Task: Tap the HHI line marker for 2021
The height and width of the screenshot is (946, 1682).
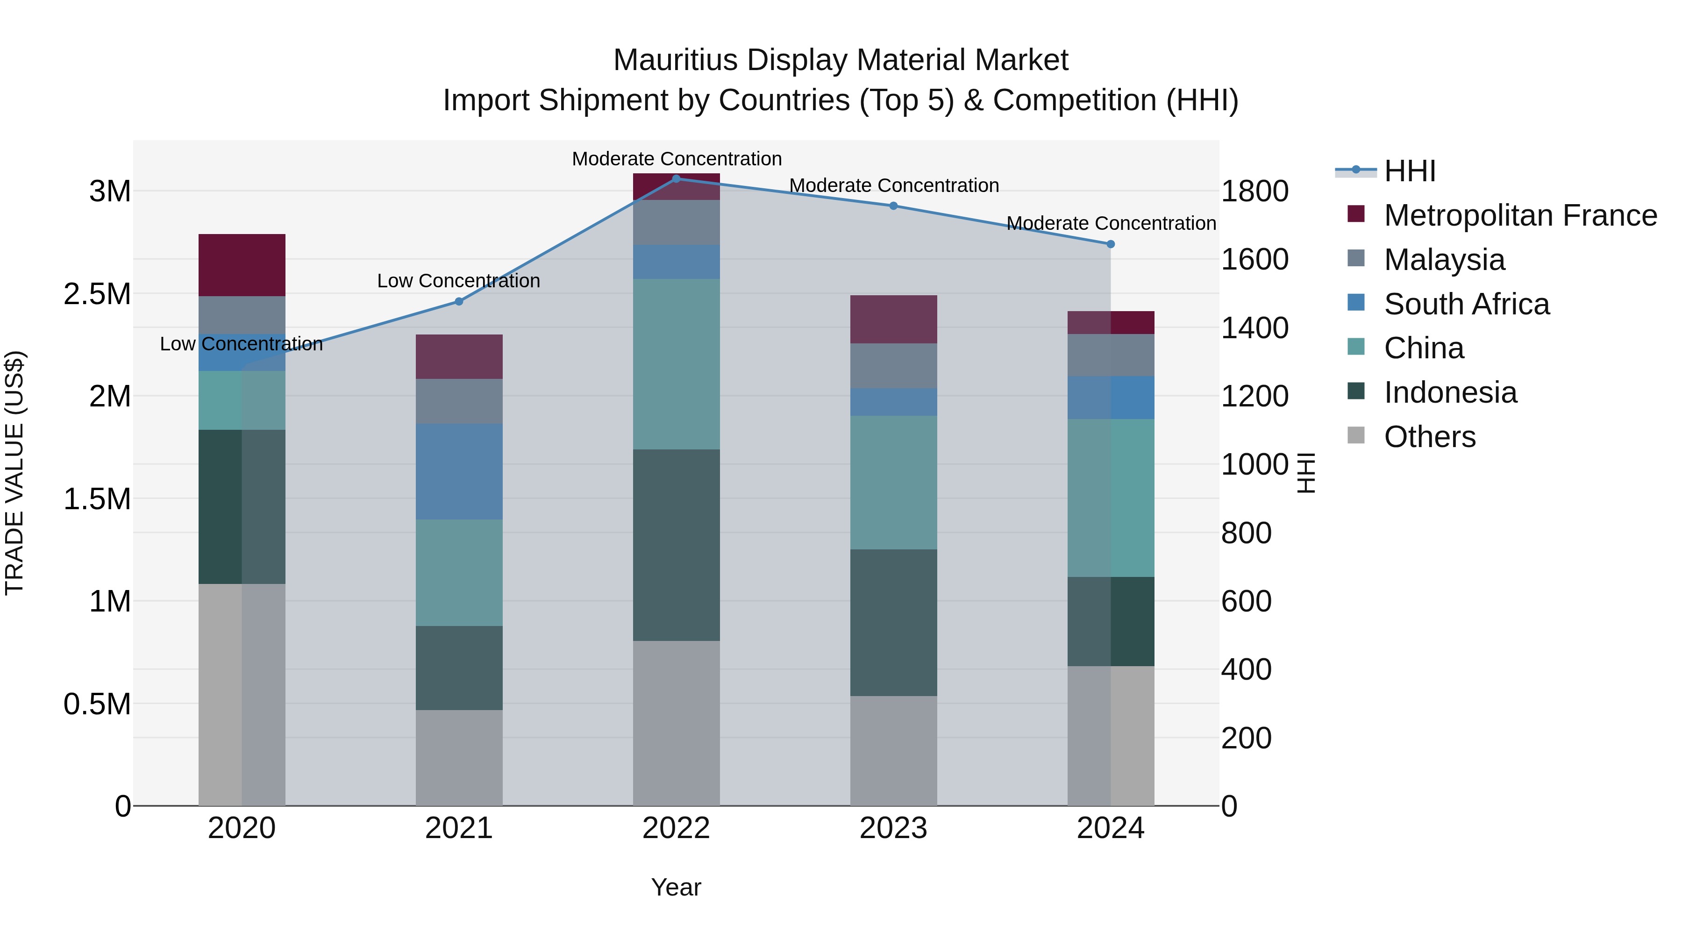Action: (x=459, y=302)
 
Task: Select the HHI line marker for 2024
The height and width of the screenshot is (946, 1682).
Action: (x=1111, y=244)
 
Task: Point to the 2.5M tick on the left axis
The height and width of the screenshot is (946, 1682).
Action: (x=97, y=294)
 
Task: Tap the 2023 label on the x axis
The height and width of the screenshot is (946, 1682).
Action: (x=893, y=828)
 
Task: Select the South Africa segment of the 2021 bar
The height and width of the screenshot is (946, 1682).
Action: (x=459, y=471)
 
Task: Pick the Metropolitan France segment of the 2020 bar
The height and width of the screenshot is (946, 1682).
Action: (x=242, y=265)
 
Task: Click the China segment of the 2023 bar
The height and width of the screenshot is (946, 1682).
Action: (x=893, y=483)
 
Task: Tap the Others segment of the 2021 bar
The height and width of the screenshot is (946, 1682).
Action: (x=459, y=757)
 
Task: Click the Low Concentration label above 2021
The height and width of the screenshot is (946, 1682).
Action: (x=458, y=281)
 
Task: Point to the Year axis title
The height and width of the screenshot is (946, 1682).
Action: (x=676, y=887)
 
